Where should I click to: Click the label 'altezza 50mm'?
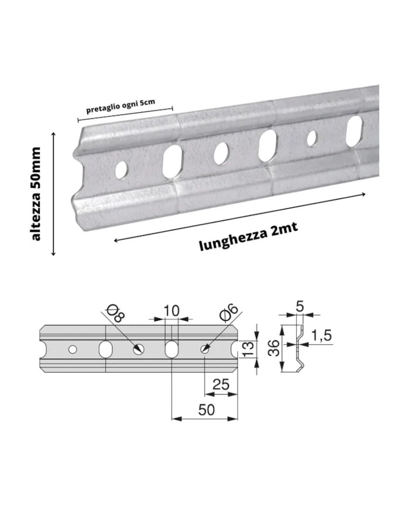click(36, 194)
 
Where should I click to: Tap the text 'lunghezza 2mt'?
click(248, 236)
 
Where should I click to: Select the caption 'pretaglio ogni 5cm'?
click(120, 106)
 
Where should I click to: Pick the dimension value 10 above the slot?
click(171, 310)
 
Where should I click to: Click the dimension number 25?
click(221, 384)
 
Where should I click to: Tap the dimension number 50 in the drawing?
click(206, 410)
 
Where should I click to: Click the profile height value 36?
click(274, 348)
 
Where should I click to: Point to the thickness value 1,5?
click(321, 335)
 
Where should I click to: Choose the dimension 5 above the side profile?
click(300, 306)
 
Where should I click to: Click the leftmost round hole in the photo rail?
click(121, 169)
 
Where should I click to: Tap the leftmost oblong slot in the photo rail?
click(172, 162)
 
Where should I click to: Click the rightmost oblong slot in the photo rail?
click(354, 131)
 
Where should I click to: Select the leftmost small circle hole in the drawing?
click(72, 349)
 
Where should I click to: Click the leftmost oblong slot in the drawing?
click(106, 349)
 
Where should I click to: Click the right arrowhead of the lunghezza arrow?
click(363, 194)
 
